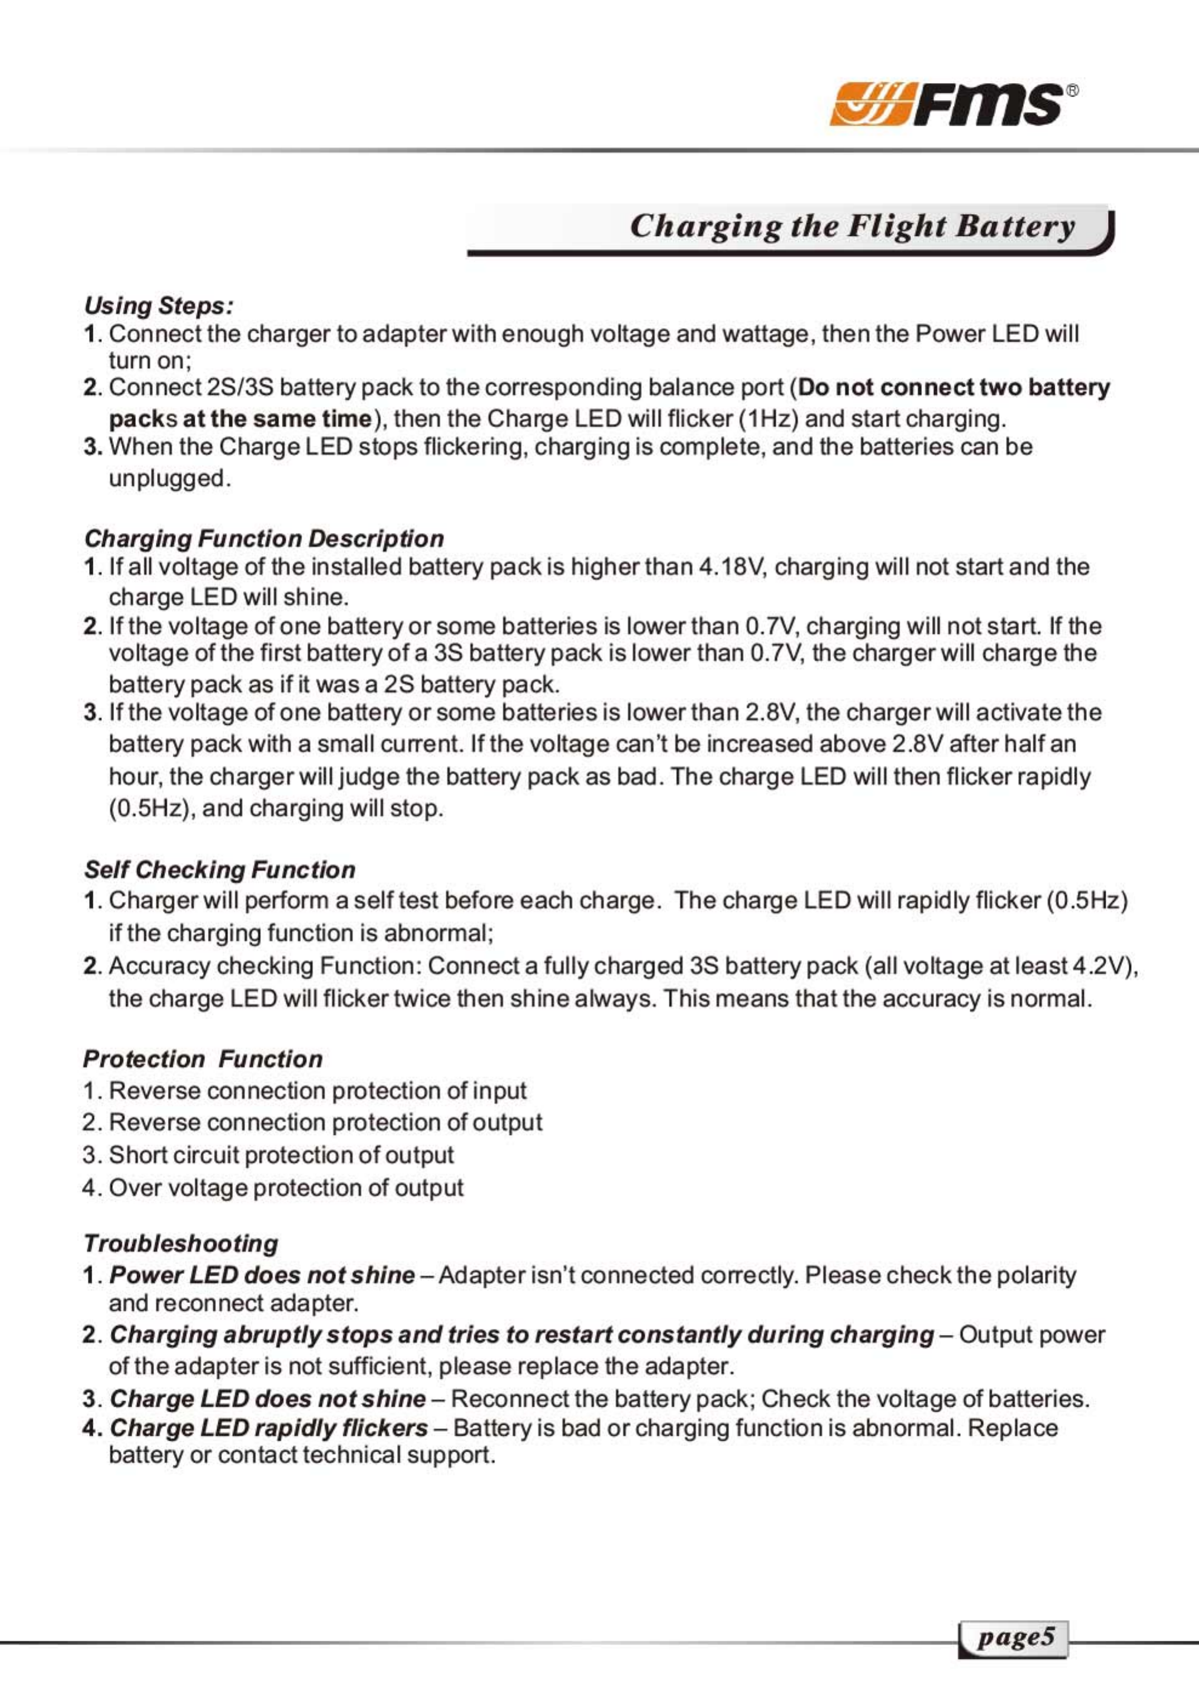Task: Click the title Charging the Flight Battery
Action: (852, 226)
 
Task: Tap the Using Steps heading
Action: (159, 306)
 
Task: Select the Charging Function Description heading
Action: (264, 538)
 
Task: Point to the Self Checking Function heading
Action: (219, 870)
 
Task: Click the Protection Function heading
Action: (202, 1059)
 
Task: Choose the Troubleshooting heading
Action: (181, 1243)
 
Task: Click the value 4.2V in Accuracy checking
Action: (1098, 966)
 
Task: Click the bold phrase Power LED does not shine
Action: (262, 1275)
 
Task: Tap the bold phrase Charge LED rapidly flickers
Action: (269, 1427)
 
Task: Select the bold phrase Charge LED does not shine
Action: (268, 1399)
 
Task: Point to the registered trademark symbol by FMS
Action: (1072, 91)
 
